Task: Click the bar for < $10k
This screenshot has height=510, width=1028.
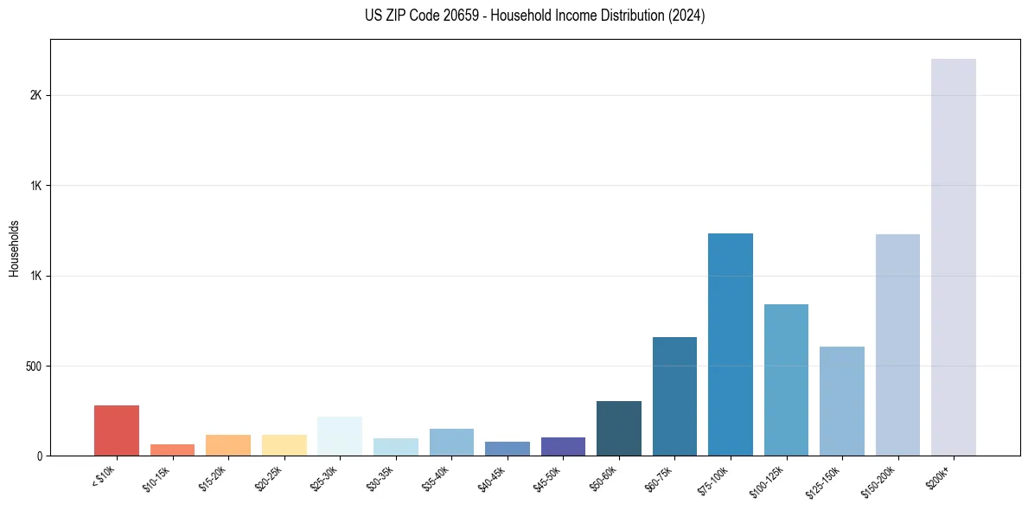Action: [117, 430]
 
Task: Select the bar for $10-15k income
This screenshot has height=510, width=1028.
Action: [172, 450]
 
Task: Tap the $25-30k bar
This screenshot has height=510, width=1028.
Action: [340, 437]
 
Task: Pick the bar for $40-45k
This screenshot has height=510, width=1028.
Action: [508, 449]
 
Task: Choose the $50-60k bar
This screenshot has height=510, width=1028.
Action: [619, 429]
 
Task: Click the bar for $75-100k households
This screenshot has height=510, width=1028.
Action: [731, 345]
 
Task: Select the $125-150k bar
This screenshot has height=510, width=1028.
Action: [842, 401]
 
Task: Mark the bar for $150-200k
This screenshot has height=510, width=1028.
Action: [897, 345]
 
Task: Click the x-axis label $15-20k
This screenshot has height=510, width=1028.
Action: [214, 478]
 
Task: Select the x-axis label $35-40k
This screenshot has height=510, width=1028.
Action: [437, 478]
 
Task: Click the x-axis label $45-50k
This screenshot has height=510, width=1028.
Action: [548, 478]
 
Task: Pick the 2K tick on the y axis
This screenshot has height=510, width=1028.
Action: [36, 95]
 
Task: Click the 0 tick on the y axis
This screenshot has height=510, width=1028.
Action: [39, 456]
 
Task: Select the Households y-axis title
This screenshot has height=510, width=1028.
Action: [14, 248]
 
